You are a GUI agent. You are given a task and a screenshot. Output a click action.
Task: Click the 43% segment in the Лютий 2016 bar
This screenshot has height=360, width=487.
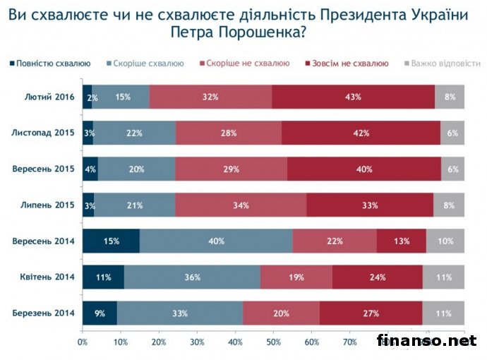pos(353,97)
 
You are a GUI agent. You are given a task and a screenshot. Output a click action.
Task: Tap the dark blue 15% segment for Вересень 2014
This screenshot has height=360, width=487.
pos(111,241)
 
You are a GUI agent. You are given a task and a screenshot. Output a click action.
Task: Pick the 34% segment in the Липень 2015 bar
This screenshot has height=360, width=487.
pos(241,205)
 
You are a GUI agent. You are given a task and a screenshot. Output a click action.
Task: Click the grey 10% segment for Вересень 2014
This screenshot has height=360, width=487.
pos(445,241)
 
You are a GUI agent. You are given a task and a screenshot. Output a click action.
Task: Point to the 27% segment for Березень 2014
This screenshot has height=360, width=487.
pos(371,313)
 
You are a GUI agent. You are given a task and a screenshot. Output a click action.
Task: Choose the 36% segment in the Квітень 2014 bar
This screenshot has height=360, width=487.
pos(193,277)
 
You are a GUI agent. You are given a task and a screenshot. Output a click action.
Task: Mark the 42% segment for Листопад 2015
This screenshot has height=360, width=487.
pos(361,133)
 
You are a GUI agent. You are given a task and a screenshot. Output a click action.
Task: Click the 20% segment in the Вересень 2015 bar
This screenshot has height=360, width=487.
pos(136,169)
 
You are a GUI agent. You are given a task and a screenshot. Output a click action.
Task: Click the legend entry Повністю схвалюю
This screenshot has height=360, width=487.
pos(50,64)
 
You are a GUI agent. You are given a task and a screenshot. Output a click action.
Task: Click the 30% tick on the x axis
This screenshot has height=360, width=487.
pos(197,342)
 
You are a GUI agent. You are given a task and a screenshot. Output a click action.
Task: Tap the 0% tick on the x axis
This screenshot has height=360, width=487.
pos(83,342)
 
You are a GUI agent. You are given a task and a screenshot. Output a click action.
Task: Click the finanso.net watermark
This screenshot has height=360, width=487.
pos(426,341)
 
